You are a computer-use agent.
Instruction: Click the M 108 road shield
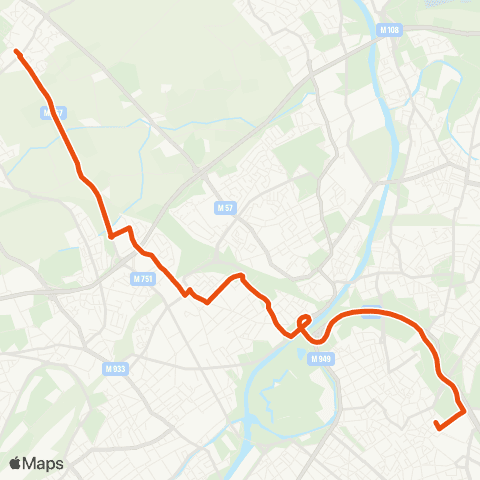point(390,30)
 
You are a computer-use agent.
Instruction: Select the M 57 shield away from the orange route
point(225,208)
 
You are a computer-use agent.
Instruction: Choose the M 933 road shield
point(116,368)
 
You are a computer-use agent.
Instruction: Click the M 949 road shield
point(319,358)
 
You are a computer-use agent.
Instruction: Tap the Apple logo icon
point(16,464)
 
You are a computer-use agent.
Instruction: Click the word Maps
point(44,464)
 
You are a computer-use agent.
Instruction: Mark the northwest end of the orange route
point(16,50)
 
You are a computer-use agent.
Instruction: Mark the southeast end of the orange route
point(437,428)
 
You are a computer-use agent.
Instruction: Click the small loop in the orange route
point(304,321)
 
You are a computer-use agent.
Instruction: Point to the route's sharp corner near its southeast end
point(465,410)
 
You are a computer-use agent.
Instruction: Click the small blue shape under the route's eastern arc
point(370,310)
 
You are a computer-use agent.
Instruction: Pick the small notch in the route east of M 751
point(187,291)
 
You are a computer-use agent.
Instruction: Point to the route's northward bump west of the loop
point(238,275)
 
